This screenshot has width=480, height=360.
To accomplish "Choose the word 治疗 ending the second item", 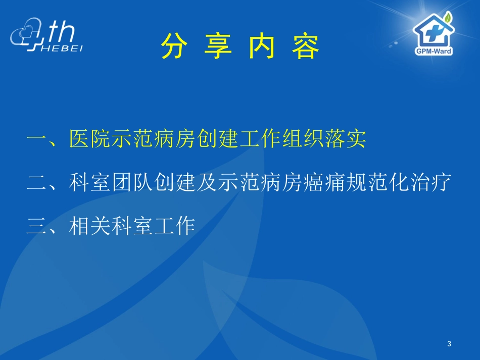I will click(x=428, y=182).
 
